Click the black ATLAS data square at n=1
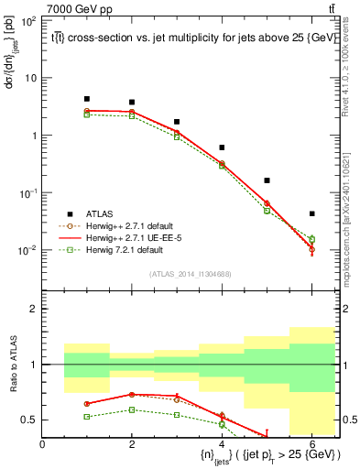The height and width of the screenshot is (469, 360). pos(87,99)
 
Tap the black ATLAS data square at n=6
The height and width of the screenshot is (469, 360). pos(311,213)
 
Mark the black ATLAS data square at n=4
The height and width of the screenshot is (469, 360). pos(222,147)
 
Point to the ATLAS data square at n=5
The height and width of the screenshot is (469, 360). pos(267,180)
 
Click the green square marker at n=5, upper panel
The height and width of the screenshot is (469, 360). pos(267,211)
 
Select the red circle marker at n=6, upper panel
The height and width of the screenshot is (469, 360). pos(311,248)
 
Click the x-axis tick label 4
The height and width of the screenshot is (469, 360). pos(222,444)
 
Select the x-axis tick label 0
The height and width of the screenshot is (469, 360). pos(42,444)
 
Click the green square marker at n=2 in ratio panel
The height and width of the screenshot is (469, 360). pos(132,409)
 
